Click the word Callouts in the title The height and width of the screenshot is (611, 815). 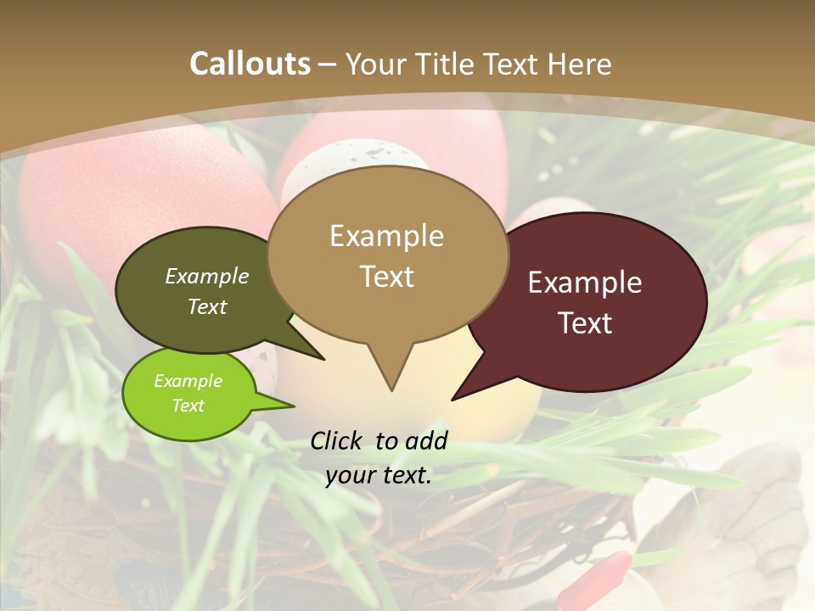pos(250,64)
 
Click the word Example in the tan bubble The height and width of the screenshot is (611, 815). pos(386,236)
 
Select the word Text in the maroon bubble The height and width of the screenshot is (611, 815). pos(586,323)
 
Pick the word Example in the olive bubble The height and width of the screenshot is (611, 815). pos(207,277)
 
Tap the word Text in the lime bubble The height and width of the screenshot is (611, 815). pos(188,406)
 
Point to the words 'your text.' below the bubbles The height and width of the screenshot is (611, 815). pos(379,476)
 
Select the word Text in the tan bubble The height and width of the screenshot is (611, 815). pos(387,277)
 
